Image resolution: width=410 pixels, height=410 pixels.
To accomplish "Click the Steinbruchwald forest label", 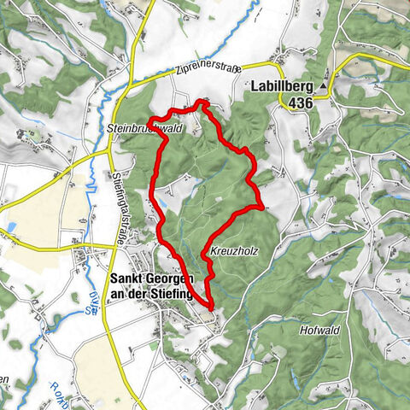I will coord(145,127).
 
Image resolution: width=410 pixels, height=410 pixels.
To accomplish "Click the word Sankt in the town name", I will coord(130,279).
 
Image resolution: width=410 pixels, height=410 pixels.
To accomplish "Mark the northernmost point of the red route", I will coord(202,101).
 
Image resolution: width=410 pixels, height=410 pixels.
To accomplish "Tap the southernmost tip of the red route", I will coord(209,305).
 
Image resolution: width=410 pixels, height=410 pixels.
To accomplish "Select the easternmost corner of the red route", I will coord(261,206).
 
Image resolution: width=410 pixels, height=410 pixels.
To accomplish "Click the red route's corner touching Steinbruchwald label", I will coord(152,118).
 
